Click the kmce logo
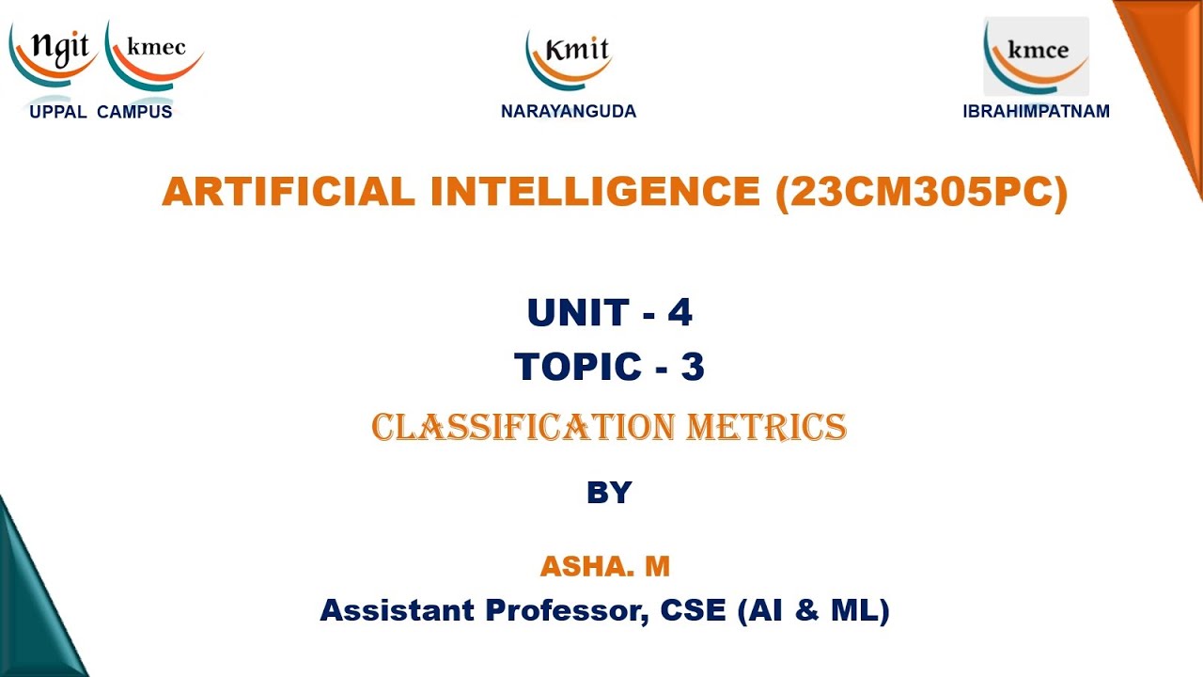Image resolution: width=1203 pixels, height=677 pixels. pos(1037,55)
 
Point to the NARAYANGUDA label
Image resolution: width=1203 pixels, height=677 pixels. pos(569,111)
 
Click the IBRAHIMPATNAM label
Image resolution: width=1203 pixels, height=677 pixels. pos(1037,111)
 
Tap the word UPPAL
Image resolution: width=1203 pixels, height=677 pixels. pos(58,112)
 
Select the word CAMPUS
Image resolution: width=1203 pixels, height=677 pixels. pos(134,112)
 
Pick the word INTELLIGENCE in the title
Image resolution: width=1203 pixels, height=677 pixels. pos(595,192)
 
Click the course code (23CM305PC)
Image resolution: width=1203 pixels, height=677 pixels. pos(922,193)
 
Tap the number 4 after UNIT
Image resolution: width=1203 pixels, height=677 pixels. pos(680,312)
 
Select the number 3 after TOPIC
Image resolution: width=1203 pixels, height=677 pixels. pos(693,367)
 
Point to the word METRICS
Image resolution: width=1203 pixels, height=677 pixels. pos(767,428)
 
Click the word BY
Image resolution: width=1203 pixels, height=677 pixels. pos(609,493)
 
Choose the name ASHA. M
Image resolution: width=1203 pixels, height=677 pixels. pos(604,566)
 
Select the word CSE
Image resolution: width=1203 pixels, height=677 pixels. pos(694,611)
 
